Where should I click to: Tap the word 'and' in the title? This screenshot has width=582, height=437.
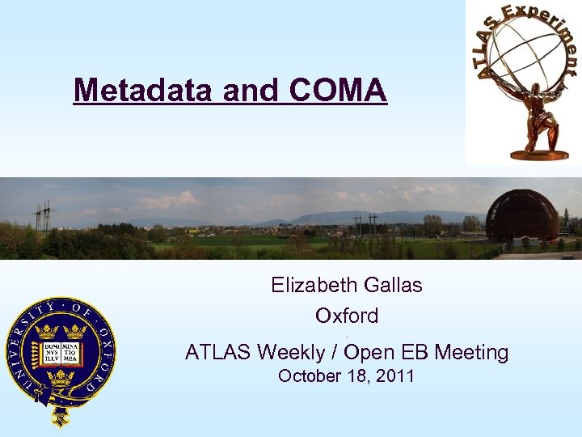249,91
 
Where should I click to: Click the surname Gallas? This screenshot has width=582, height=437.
394,285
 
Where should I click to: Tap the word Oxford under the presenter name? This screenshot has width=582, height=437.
347,316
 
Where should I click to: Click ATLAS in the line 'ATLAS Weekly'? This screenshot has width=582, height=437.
217,352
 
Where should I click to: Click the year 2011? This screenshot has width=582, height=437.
395,376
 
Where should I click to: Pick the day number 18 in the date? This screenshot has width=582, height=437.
354,376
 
